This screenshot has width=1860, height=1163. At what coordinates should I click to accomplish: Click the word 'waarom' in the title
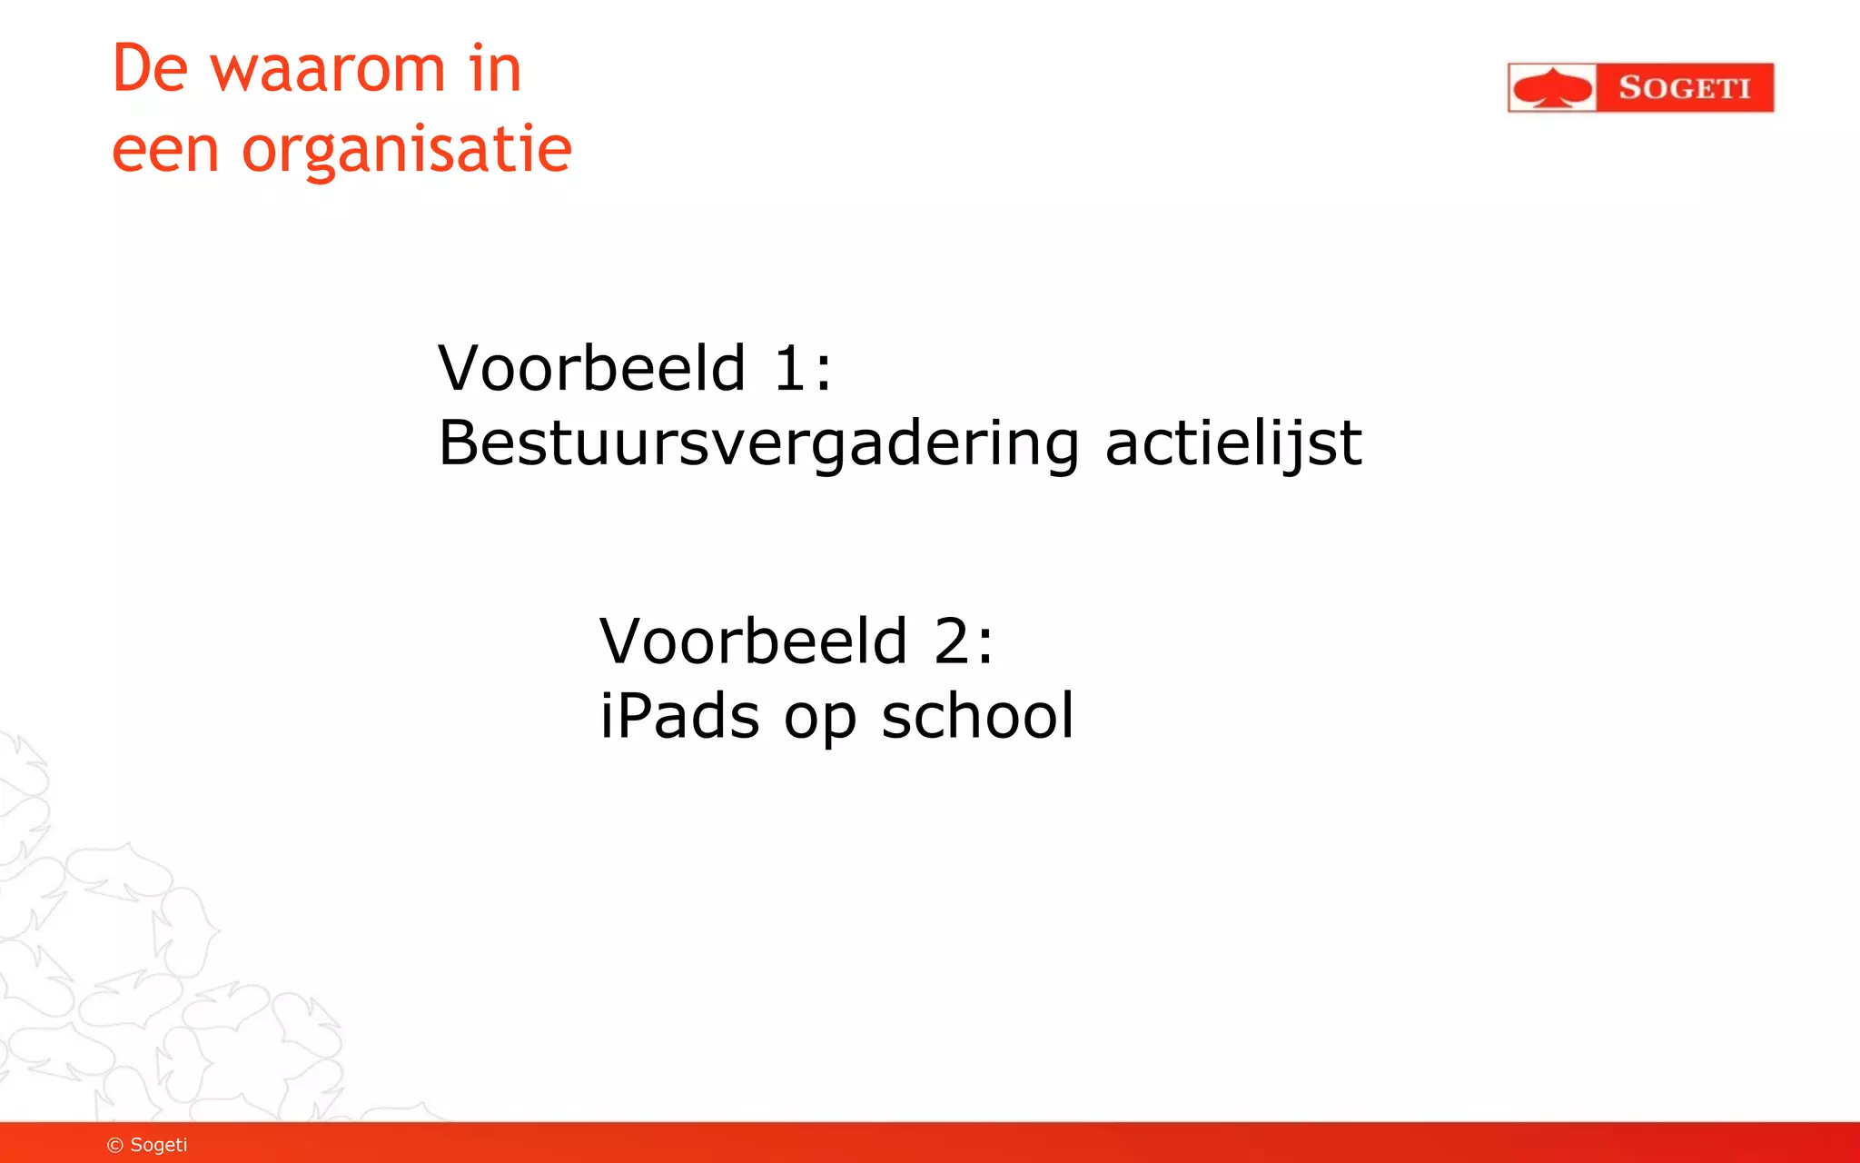pyautogui.click(x=328, y=69)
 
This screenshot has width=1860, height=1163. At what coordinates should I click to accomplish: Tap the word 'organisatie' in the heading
pyautogui.click(x=407, y=150)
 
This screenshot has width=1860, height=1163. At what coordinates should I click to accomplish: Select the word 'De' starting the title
pyautogui.click(x=150, y=69)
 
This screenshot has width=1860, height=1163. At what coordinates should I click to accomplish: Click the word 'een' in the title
pyautogui.click(x=165, y=151)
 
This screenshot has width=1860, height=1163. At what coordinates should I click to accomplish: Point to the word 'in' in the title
pyautogui.click(x=496, y=69)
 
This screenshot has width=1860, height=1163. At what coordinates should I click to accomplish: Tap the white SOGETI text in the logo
pyautogui.click(x=1684, y=88)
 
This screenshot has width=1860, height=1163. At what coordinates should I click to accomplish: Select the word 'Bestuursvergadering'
pyautogui.click(x=758, y=444)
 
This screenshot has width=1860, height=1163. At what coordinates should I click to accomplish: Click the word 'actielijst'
pyautogui.click(x=1232, y=444)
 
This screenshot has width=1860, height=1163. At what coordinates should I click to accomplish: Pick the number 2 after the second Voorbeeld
pyautogui.click(x=952, y=641)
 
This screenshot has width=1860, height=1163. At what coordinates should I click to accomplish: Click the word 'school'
pyautogui.click(x=977, y=717)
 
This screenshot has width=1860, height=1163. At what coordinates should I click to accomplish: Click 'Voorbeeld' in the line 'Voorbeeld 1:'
pyautogui.click(x=592, y=369)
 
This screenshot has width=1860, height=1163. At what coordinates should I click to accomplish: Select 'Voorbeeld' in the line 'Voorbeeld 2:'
pyautogui.click(x=754, y=641)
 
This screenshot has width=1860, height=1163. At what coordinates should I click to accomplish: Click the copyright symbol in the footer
pyautogui.click(x=115, y=1145)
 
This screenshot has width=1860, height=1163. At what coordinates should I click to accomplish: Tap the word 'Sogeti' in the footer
pyautogui.click(x=159, y=1145)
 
